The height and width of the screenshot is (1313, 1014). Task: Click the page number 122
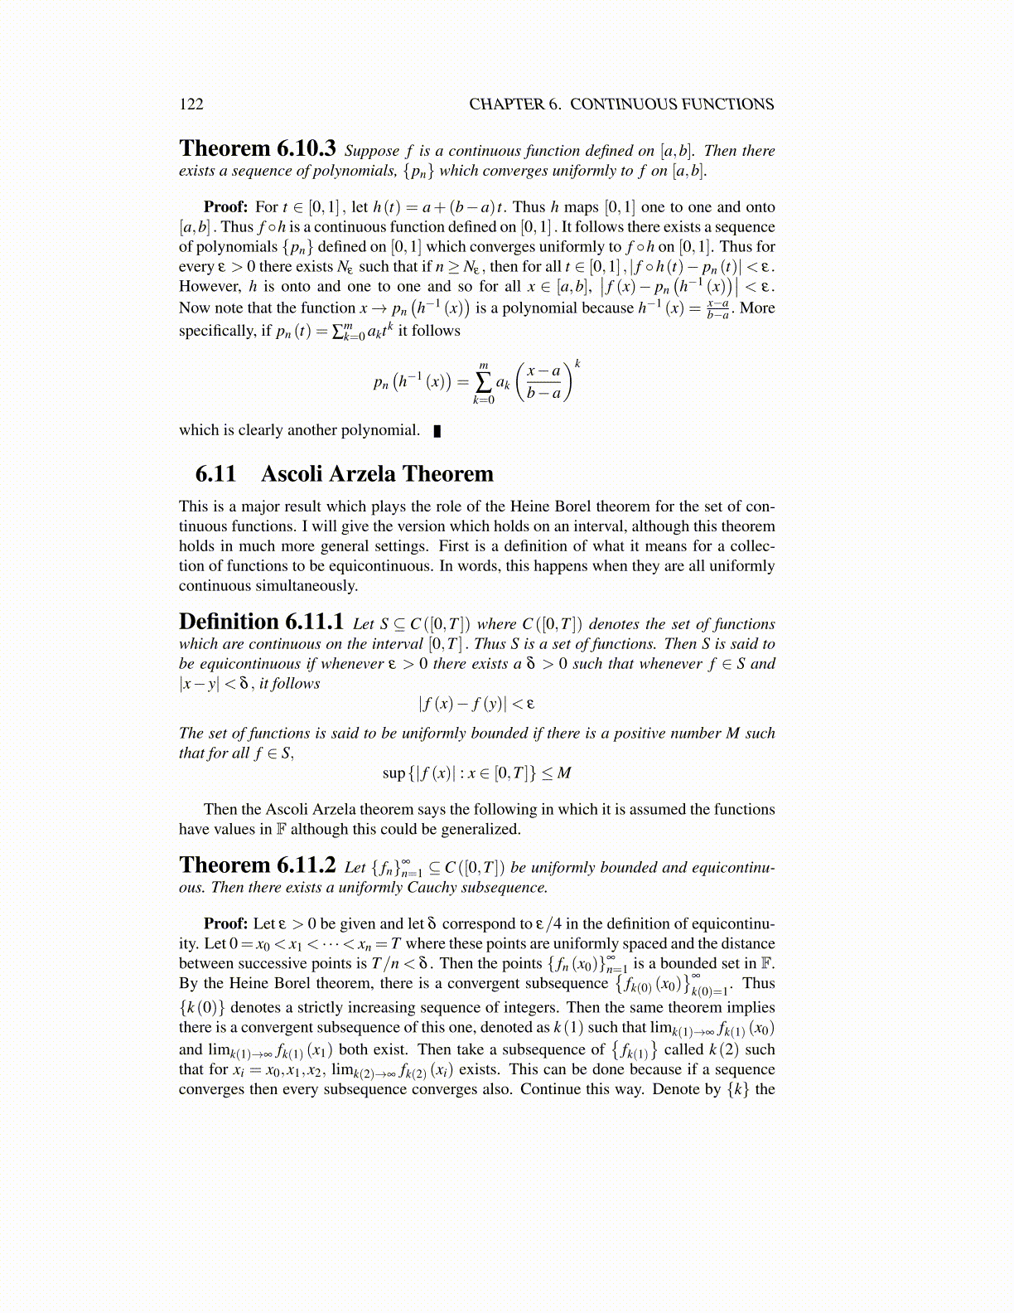point(191,104)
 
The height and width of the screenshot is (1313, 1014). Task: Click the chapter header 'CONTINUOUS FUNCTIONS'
point(672,104)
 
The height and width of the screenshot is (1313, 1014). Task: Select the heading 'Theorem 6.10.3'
point(257,148)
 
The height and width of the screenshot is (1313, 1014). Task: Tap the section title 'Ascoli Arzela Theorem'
point(377,473)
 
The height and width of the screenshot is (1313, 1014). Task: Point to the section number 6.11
point(215,473)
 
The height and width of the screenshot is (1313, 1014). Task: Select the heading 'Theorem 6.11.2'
point(257,865)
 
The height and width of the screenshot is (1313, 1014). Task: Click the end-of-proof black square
point(437,430)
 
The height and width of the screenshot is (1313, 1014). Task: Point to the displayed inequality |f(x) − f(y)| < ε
point(476,704)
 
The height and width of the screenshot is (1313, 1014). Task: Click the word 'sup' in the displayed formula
point(394,773)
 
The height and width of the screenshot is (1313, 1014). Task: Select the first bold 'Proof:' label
point(226,207)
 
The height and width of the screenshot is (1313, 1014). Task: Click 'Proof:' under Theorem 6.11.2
point(226,923)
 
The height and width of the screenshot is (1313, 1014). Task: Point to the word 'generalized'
point(480,829)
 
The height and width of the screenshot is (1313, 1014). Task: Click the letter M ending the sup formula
point(564,773)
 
